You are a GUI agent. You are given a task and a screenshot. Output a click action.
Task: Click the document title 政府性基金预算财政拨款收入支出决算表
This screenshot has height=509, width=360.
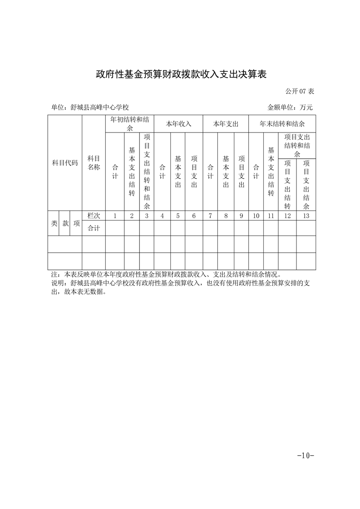(x=180, y=74)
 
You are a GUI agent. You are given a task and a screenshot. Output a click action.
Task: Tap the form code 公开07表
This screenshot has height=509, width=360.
(x=300, y=91)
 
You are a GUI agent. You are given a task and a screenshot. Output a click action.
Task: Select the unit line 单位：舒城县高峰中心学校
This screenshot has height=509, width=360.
(x=90, y=108)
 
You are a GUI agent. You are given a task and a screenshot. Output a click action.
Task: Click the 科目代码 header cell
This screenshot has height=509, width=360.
(x=65, y=162)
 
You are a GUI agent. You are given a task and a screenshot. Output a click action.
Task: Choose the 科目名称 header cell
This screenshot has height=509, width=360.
(x=94, y=162)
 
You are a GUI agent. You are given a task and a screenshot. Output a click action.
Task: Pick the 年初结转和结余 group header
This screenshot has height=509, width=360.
(x=130, y=124)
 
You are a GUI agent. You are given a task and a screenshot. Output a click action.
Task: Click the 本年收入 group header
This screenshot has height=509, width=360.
(x=178, y=124)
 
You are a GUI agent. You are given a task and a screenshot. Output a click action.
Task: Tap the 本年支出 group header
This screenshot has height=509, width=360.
(x=226, y=124)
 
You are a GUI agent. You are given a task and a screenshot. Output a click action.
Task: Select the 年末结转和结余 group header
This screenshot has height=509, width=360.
(x=282, y=124)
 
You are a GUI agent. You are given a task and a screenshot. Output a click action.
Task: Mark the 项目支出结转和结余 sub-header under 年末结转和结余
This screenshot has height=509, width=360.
(x=297, y=145)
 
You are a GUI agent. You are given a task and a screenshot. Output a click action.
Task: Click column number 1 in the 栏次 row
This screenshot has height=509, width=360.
(x=115, y=216)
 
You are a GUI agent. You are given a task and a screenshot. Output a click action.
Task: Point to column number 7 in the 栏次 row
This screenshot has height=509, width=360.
(x=210, y=216)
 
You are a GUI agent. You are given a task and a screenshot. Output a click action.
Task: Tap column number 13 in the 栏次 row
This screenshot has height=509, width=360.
(x=306, y=216)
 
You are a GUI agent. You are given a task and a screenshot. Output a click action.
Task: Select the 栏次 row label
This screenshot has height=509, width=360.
(x=94, y=216)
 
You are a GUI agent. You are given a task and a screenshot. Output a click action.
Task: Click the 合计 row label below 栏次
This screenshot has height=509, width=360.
(x=94, y=228)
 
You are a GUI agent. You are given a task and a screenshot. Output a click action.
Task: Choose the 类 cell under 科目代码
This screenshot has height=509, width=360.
(x=54, y=223)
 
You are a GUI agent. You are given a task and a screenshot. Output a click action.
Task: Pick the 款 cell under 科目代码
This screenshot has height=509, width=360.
(x=65, y=223)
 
